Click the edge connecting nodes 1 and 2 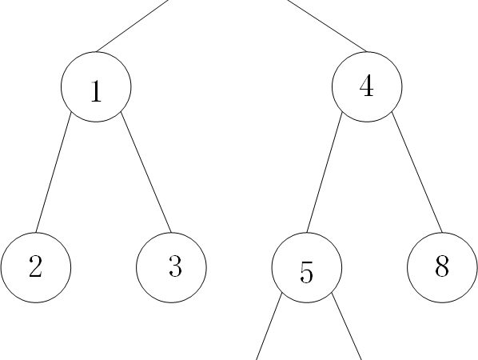[x=54, y=172]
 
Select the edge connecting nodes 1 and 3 [x=146, y=172]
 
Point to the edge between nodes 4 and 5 [x=325, y=172]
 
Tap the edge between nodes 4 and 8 [x=417, y=172]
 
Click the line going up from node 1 [x=133, y=26]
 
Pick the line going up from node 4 [x=327, y=26]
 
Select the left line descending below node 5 [x=269, y=326]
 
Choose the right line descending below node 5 [x=347, y=326]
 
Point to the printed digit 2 [x=35, y=266]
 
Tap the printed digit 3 [x=175, y=266]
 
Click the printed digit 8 [x=442, y=266]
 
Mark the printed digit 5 [x=306, y=272]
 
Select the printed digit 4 [x=366, y=86]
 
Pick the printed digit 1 [x=96, y=91]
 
